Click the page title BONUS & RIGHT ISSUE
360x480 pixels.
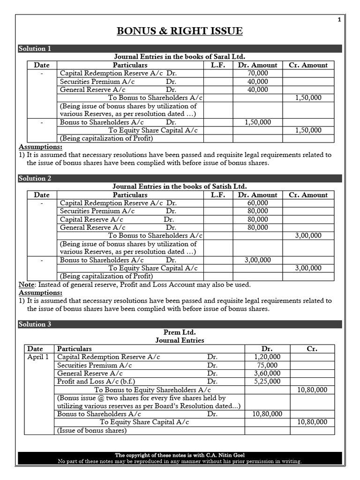tap(180, 31)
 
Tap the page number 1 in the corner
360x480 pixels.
tap(339, 19)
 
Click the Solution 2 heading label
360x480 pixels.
tap(35, 178)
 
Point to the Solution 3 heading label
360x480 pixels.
tap(35, 324)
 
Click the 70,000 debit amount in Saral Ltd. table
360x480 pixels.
tap(257, 73)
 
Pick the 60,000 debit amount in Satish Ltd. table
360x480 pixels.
tap(257, 203)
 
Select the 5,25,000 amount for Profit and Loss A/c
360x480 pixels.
tap(267, 382)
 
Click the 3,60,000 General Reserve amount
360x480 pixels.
tap(267, 374)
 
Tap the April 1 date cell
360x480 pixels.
tap(38, 357)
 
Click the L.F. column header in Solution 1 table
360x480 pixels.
tap(218, 65)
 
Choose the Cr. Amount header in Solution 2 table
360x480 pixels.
tap(308, 195)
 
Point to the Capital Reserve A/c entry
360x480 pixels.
tap(91, 219)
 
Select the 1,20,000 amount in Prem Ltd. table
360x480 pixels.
tap(267, 357)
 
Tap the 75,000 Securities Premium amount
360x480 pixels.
tap(267, 365)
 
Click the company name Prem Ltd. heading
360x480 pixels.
tap(180, 332)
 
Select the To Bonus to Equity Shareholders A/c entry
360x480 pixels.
tap(152, 390)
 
